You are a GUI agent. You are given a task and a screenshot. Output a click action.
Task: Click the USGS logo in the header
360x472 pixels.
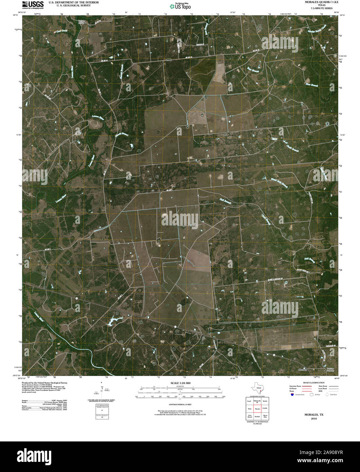[33, 4]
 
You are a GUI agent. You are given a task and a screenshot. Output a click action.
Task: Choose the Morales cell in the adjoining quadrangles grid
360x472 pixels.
[257, 409]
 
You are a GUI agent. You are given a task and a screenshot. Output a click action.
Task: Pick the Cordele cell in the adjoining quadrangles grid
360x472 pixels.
[265, 409]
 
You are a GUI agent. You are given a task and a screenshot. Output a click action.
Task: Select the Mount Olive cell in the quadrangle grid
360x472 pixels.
[265, 416]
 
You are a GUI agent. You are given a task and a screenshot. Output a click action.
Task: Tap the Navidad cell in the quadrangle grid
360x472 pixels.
[257, 416]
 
